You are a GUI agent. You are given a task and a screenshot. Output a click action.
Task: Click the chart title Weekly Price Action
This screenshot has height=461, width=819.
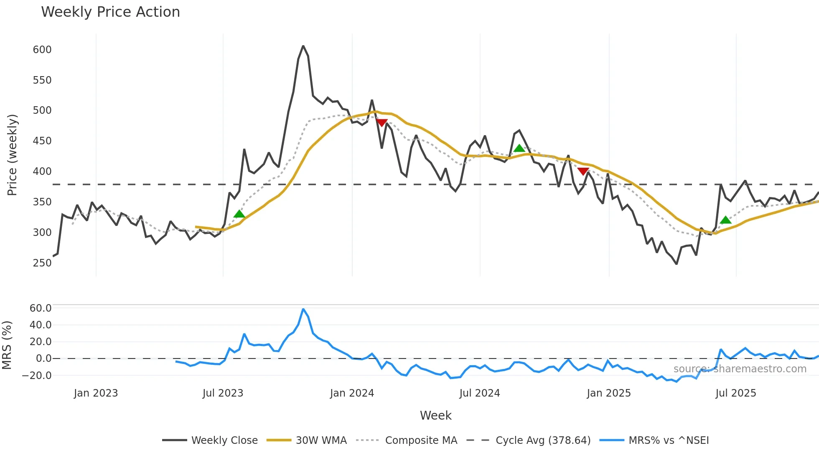click(x=110, y=12)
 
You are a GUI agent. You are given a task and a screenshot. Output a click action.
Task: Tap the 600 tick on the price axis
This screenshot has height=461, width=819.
click(x=42, y=50)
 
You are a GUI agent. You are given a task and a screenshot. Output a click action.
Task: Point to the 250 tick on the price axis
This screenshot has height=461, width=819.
click(x=42, y=263)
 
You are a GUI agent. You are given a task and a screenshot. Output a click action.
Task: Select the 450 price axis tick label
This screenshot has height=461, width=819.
click(x=42, y=141)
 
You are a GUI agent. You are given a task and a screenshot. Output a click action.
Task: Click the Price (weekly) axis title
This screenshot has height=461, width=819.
click(x=12, y=155)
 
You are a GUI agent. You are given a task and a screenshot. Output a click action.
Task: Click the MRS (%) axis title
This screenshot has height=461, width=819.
click(x=7, y=345)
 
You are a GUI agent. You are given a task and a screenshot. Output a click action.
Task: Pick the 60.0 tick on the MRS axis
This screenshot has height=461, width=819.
click(x=41, y=308)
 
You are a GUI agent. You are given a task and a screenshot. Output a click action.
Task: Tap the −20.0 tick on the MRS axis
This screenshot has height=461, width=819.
click(x=37, y=376)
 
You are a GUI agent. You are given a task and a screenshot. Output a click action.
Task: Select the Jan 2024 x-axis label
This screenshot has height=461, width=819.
click(x=352, y=393)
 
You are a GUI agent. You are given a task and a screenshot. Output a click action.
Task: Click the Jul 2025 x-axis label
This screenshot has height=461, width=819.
click(x=736, y=393)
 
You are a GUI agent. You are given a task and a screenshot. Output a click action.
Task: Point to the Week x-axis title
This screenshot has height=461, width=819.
click(x=435, y=415)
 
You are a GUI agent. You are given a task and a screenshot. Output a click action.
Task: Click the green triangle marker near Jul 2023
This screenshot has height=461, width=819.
click(x=239, y=214)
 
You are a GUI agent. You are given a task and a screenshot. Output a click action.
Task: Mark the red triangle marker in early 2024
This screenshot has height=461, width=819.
click(x=382, y=123)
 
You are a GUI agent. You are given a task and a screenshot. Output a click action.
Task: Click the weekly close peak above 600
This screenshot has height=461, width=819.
click(x=303, y=46)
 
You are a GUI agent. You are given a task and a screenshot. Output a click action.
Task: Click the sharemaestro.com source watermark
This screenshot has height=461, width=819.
click(x=740, y=369)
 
